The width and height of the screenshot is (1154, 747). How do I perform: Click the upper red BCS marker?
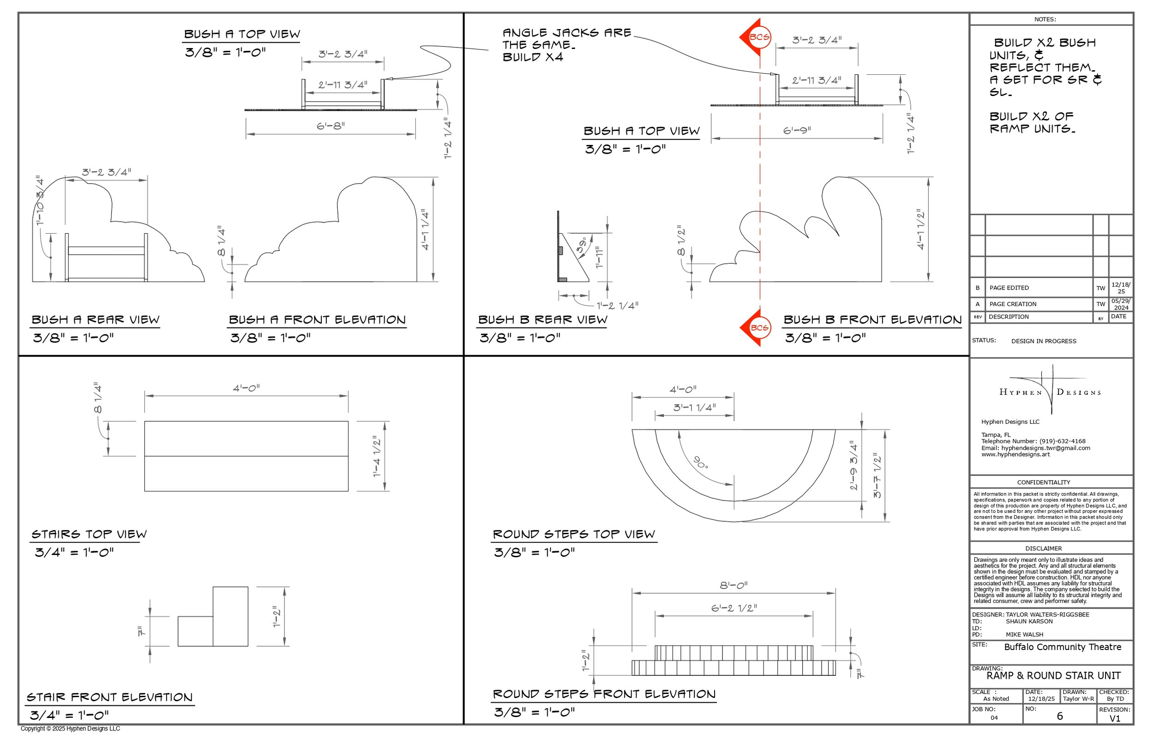[757, 37]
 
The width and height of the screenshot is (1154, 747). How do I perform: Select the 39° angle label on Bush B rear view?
[582, 245]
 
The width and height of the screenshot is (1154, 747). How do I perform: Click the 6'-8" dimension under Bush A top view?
[331, 126]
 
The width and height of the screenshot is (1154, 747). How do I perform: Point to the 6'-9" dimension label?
[797, 131]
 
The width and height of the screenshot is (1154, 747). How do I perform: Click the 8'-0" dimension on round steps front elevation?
[733, 585]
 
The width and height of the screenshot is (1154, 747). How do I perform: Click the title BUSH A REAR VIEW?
[96, 320]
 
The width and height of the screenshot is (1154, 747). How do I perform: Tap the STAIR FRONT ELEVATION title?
[109, 698]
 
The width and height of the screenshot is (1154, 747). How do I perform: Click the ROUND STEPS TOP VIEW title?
[574, 535]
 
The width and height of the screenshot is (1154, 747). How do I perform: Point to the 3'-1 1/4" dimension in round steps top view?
[694, 408]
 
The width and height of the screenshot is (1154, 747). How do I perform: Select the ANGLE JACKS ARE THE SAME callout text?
[566, 45]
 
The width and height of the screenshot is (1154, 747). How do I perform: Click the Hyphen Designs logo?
[1050, 391]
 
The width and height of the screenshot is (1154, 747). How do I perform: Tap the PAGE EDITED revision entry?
[1009, 288]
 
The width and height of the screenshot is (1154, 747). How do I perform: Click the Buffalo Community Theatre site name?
[1062, 647]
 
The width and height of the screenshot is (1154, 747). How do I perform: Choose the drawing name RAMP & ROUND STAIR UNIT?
[1053, 676]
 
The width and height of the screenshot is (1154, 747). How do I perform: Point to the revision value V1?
[1115, 718]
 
